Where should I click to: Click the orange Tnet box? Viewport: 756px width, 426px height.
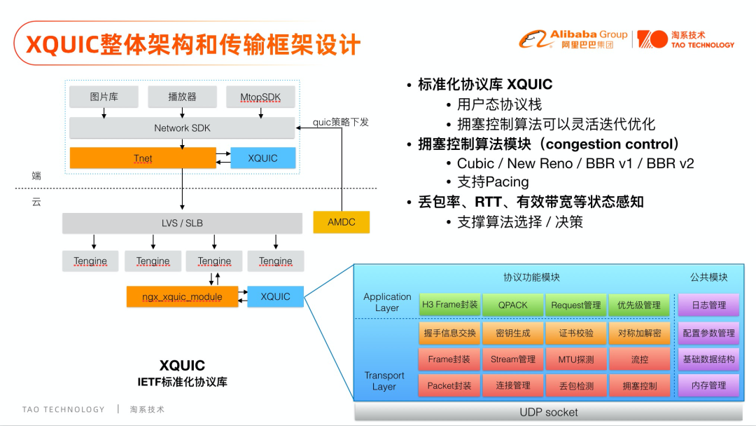(x=143, y=158)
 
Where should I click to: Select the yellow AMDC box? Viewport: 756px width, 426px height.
(x=341, y=222)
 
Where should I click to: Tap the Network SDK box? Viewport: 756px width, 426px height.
(x=182, y=128)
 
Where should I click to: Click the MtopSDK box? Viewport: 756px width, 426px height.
(x=260, y=97)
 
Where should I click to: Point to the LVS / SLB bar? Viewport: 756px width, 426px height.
(x=182, y=223)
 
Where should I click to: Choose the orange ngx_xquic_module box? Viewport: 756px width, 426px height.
(x=182, y=296)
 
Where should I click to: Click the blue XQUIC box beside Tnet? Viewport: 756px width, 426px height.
(x=262, y=158)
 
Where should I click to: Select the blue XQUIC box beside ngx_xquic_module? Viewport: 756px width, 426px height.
(x=275, y=296)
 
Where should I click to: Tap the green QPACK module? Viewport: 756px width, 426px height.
(x=512, y=305)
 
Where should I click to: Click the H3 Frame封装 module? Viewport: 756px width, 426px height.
(x=449, y=305)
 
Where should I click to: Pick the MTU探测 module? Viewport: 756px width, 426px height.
(x=575, y=359)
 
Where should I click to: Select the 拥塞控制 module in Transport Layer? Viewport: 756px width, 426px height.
(x=639, y=385)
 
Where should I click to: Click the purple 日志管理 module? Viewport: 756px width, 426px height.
(x=708, y=305)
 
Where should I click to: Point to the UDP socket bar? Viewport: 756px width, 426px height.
(x=549, y=412)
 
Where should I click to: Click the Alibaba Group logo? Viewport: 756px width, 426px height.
(x=573, y=39)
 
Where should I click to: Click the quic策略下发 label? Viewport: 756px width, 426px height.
(x=341, y=122)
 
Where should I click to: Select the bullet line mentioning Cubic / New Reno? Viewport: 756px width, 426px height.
(x=575, y=163)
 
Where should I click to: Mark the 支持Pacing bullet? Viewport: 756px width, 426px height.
(x=493, y=182)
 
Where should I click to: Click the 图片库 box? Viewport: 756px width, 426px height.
(x=104, y=97)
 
